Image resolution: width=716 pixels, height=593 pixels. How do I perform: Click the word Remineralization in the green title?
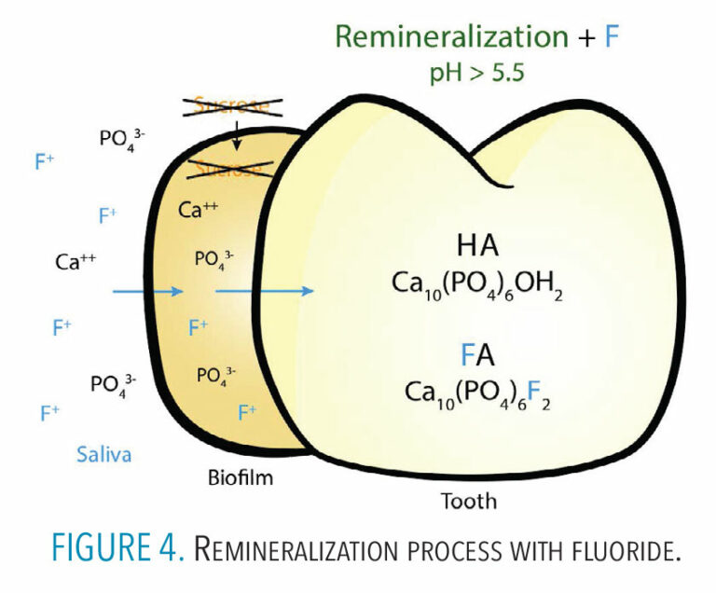click(x=450, y=37)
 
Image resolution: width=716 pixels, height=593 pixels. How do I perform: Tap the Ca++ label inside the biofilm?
click(x=198, y=210)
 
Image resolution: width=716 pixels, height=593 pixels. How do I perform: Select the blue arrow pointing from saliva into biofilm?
click(x=148, y=292)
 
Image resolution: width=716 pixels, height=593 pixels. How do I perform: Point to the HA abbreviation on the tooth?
click(x=478, y=247)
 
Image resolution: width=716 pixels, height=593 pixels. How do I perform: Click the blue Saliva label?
click(x=103, y=454)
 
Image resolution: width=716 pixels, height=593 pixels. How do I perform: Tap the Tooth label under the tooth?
click(x=468, y=501)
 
